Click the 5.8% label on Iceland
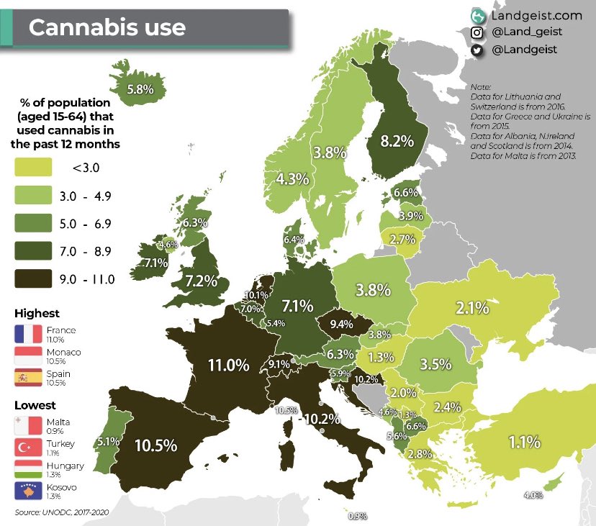[x=140, y=90]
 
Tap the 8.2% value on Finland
[x=397, y=141]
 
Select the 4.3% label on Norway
[x=292, y=179]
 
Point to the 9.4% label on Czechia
[x=341, y=324]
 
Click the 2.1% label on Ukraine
[x=472, y=308]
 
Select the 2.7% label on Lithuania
[x=402, y=239]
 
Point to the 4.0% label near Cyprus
[x=533, y=494]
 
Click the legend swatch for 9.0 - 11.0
[x=33, y=278]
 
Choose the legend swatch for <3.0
[x=33, y=168]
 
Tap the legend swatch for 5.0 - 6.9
[x=33, y=223]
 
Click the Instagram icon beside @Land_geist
[x=477, y=32]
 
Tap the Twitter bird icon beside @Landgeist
[x=477, y=50]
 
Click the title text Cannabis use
[x=107, y=27]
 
